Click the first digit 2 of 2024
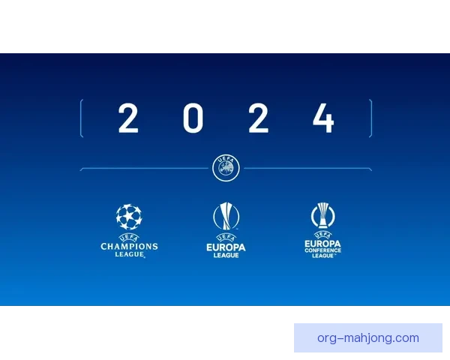coord(128,118)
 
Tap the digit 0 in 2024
coord(193,118)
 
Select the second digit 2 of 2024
coord(259,118)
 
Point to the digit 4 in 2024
coord(323,118)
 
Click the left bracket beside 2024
coord(81,118)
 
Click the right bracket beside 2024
coord(371,118)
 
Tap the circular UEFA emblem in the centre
coord(226,168)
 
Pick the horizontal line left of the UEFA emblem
coord(144,168)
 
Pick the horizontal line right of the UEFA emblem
coord(308,168)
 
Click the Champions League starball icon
coord(129,217)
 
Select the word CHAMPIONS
coord(129,246)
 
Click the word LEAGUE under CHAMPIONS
coord(130,254)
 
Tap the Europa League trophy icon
coord(226,216)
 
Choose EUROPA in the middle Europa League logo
coord(226,247)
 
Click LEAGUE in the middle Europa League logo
coord(226,255)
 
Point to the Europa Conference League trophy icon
coord(322,215)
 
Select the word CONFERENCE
coord(322,250)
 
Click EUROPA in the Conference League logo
coord(322,244)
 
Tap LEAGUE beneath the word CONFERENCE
coord(322,256)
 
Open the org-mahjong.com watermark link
coord(368,338)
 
